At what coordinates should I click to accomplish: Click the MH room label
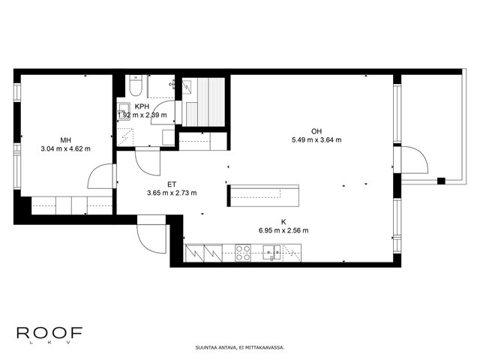(65, 140)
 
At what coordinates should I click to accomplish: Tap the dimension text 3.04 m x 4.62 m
(65, 149)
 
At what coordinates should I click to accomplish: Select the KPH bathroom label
(142, 106)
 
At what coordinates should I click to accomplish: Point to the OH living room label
(316, 131)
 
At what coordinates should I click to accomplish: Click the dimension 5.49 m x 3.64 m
(316, 140)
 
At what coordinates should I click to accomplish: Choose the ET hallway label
(172, 184)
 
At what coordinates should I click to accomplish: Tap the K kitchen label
(283, 222)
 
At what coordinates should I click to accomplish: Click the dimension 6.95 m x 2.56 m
(283, 230)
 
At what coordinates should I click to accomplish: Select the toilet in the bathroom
(135, 85)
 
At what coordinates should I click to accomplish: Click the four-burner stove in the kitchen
(243, 253)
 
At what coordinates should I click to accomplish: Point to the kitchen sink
(271, 253)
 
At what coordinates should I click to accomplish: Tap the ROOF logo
(49, 334)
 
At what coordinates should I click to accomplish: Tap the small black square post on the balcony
(441, 181)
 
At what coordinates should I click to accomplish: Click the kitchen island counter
(263, 196)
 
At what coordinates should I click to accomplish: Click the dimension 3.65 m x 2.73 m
(172, 193)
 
